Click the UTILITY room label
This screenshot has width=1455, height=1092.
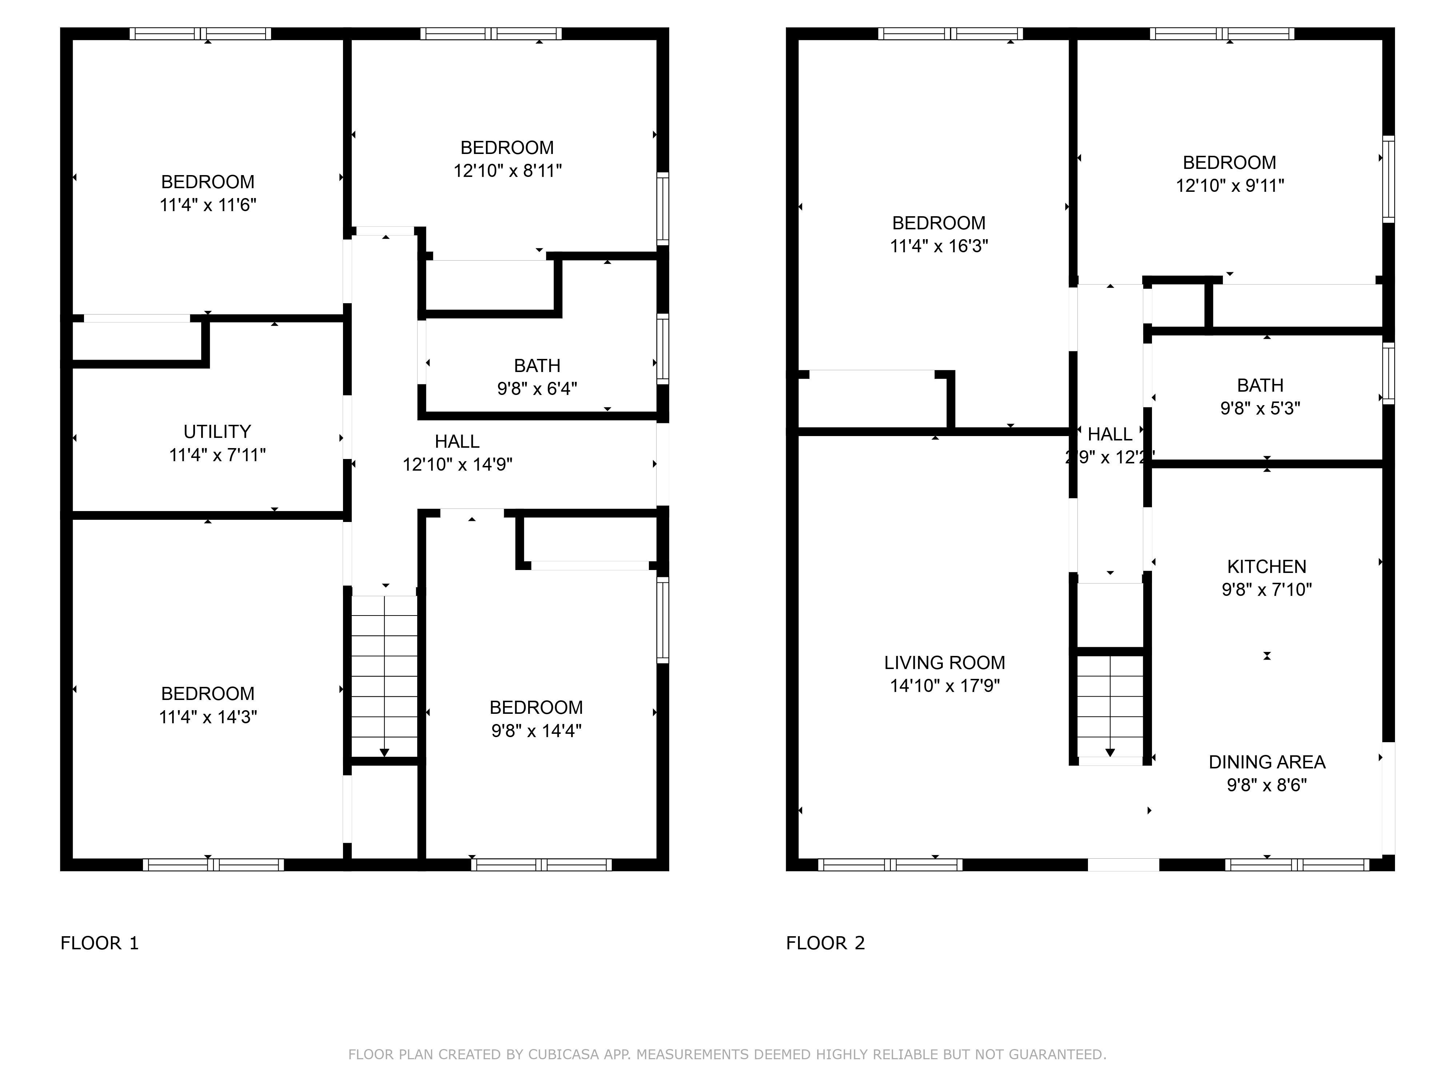tap(217, 432)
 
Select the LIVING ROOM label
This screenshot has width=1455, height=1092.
tap(945, 663)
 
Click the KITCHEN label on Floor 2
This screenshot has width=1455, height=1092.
tap(1266, 567)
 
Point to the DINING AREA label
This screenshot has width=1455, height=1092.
tap(1266, 762)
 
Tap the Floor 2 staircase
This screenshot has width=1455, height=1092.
tap(1110, 706)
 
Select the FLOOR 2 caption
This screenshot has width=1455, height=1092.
tap(825, 943)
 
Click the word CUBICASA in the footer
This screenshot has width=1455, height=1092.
tap(563, 1055)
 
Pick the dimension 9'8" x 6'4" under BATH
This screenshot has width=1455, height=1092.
tap(537, 389)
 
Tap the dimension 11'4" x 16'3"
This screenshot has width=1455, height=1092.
tap(938, 246)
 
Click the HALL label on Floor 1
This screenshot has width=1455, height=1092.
tap(457, 442)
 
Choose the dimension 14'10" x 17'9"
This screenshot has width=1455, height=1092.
tap(945, 686)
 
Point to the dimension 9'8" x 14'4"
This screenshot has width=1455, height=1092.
tap(536, 731)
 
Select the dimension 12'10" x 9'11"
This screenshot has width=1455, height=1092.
tap(1229, 186)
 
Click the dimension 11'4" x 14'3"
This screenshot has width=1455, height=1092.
tap(208, 717)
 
